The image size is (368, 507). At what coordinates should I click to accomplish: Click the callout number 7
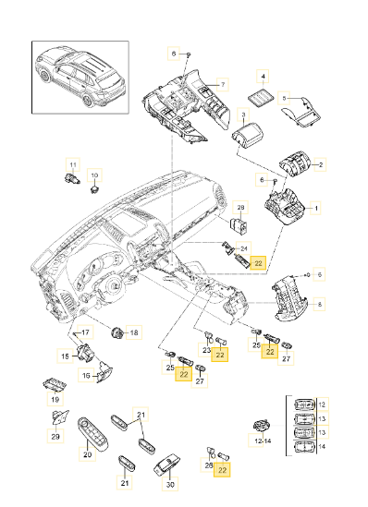(x=223, y=85)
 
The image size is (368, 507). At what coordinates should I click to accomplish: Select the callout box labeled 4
(x=263, y=77)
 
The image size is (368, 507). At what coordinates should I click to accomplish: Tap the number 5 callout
(x=284, y=98)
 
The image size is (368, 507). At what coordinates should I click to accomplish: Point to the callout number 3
(x=243, y=115)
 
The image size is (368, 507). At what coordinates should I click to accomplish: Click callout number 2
(x=321, y=164)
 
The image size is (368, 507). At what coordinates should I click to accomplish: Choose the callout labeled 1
(x=316, y=209)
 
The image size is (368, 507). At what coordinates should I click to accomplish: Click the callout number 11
(x=73, y=165)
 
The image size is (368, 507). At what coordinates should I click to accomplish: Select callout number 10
(x=94, y=175)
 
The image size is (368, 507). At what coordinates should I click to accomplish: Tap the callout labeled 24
(x=244, y=248)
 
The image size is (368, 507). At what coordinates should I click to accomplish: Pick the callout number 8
(x=319, y=304)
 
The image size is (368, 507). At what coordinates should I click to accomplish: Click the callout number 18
(x=134, y=332)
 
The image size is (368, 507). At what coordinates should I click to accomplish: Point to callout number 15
(x=65, y=356)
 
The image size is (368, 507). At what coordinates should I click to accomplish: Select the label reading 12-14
(x=263, y=441)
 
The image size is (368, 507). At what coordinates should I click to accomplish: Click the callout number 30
(x=170, y=484)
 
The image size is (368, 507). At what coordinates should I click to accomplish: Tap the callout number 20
(x=88, y=454)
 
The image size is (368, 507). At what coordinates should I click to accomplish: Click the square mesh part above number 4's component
(x=262, y=97)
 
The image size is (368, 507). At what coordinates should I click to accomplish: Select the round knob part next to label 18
(x=117, y=332)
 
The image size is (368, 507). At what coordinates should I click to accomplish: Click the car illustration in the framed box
(x=80, y=78)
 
